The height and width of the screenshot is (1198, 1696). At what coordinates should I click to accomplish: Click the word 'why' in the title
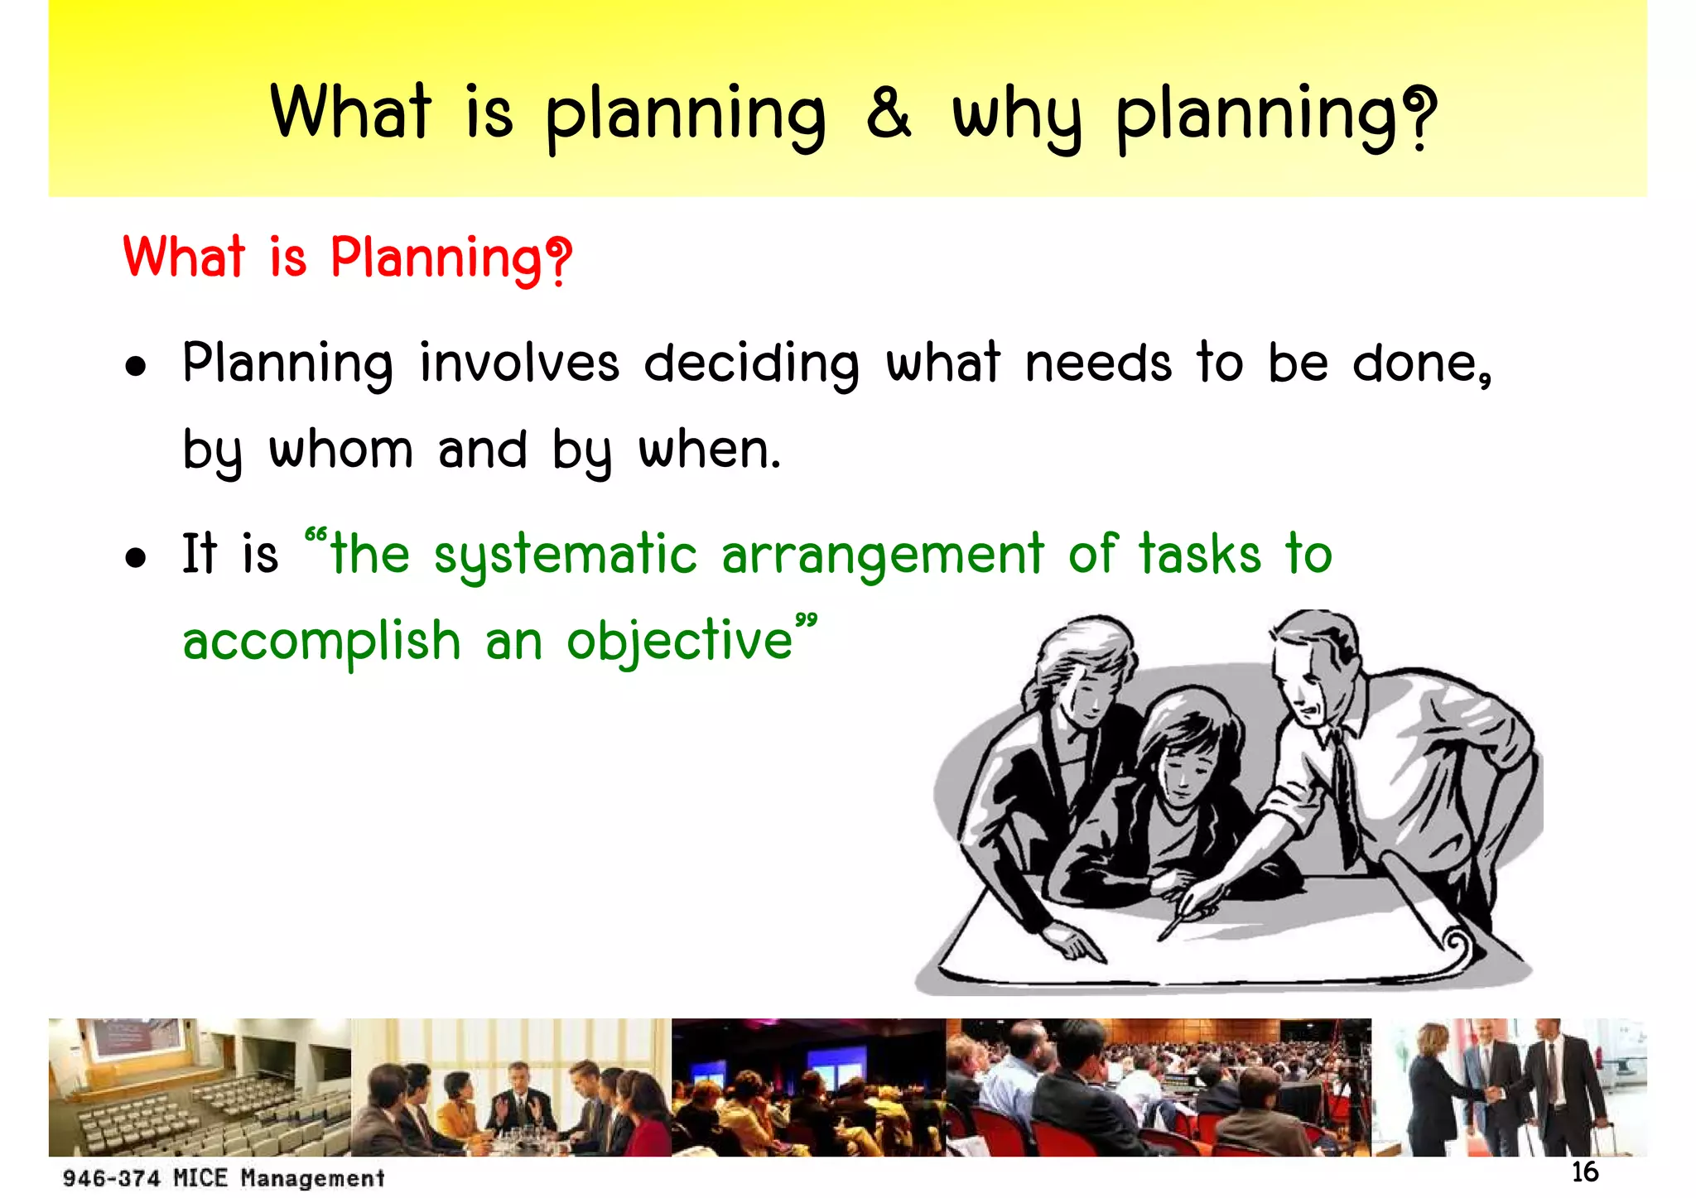[x=1017, y=118]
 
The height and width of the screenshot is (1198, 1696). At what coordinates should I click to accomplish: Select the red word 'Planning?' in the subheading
[x=451, y=259]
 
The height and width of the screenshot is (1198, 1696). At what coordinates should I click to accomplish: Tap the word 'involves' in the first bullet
[x=519, y=363]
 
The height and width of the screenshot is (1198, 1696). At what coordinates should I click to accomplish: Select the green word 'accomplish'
[x=321, y=642]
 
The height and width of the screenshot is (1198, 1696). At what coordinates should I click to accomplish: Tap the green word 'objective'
[x=680, y=642]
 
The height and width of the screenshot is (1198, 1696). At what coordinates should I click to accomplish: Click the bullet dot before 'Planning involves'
[x=136, y=367]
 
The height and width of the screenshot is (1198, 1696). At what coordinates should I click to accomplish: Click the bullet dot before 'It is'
[x=136, y=557]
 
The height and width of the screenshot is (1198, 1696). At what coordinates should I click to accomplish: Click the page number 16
[x=1584, y=1172]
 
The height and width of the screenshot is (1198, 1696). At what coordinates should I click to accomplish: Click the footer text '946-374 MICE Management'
[x=224, y=1177]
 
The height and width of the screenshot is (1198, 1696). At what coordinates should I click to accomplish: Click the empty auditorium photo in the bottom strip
[x=199, y=1086]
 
